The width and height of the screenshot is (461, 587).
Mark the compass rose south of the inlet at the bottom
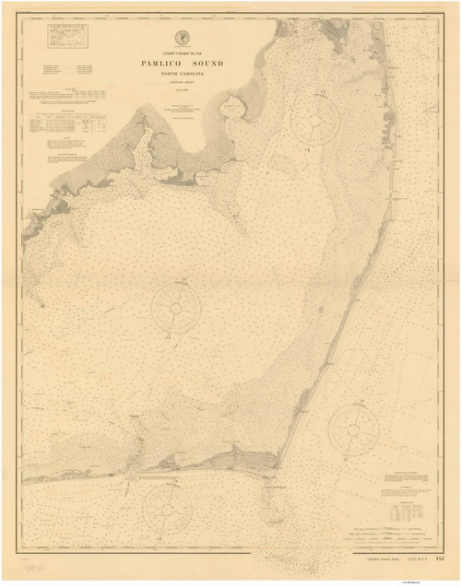[166, 508]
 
